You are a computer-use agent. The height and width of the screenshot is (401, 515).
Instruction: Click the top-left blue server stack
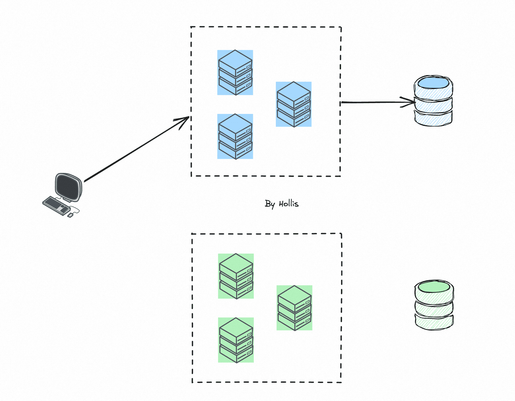click(x=235, y=72)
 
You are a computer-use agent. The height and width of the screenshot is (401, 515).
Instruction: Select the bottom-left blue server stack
click(x=235, y=136)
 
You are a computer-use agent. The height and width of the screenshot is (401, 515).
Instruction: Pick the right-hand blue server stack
click(x=294, y=104)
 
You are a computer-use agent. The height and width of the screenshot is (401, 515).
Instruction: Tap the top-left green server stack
click(x=236, y=276)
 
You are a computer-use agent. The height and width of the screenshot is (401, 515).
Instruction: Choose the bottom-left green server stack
click(x=236, y=340)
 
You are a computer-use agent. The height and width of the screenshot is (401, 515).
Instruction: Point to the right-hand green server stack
click(x=294, y=308)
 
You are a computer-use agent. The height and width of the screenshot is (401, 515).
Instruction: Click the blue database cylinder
click(x=433, y=101)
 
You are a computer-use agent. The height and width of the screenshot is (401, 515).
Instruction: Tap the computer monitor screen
click(x=68, y=187)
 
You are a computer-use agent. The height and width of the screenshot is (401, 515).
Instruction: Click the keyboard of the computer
click(x=56, y=206)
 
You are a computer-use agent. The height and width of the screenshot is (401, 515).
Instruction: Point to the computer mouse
click(x=70, y=215)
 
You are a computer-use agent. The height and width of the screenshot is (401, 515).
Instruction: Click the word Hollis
click(x=288, y=204)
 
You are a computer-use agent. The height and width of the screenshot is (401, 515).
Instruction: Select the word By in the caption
click(x=270, y=204)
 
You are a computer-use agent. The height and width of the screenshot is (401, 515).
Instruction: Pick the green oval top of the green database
click(x=434, y=287)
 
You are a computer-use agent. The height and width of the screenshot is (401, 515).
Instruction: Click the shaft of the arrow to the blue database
click(x=378, y=102)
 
